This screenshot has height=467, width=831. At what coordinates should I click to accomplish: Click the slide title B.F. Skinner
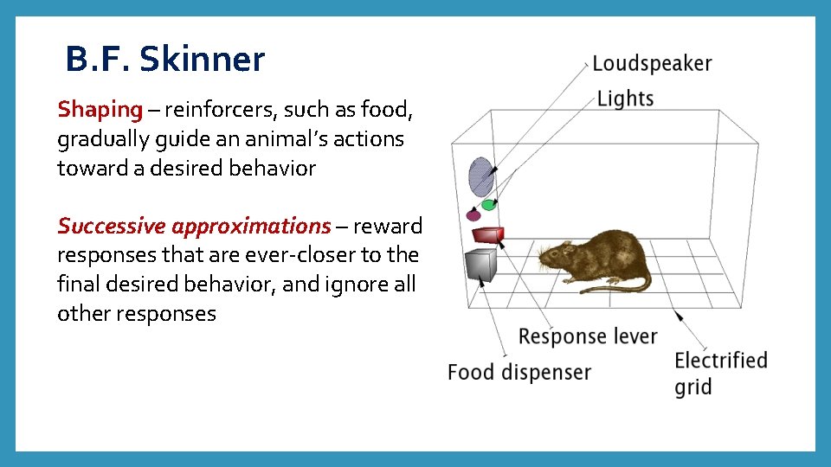pos(164,60)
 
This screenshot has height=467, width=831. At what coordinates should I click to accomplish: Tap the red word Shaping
pos(100,110)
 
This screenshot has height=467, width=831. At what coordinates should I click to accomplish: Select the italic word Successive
pos(111,227)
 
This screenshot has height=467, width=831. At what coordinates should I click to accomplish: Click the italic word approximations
pos(251,227)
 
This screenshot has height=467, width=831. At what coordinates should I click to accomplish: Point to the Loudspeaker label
pos(651,64)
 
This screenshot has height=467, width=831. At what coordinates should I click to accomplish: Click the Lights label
pos(625,99)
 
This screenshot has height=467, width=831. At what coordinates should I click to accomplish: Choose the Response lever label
pos(588,336)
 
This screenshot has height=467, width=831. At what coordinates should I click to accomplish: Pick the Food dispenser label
pos(519,373)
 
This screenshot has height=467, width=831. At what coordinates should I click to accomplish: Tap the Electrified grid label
pos(720,373)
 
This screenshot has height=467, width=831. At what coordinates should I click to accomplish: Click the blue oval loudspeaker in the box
pos(480,176)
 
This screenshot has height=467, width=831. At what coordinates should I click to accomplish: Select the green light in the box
pos(489,205)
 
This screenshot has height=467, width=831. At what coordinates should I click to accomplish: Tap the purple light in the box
pos(473,214)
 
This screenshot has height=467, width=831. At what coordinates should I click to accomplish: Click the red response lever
pos(488,233)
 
